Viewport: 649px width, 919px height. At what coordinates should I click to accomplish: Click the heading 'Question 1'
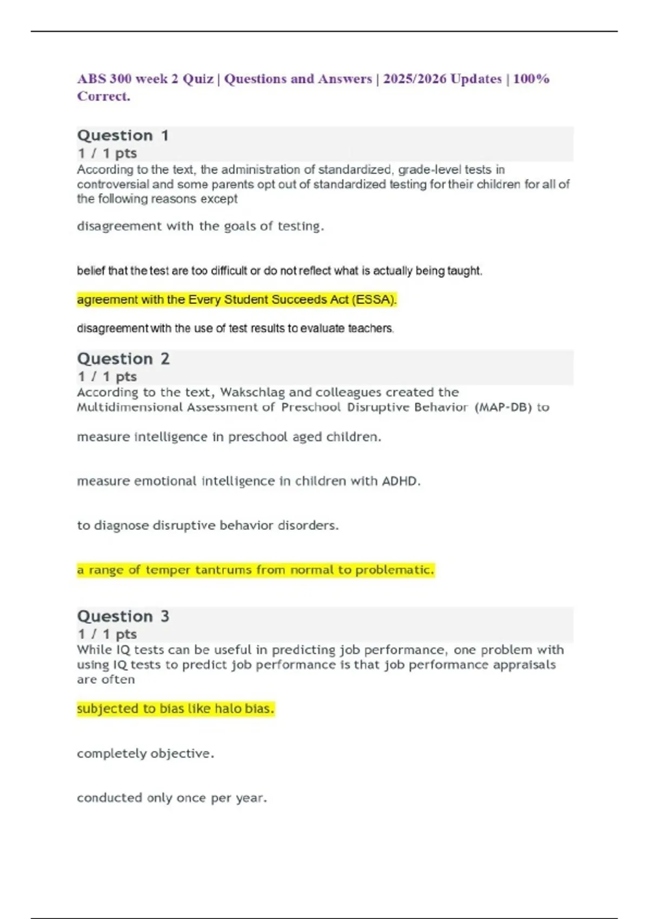[x=123, y=135]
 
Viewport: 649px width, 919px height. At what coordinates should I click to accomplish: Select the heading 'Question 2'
[x=123, y=358]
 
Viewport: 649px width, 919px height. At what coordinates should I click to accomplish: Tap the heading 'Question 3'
[x=123, y=616]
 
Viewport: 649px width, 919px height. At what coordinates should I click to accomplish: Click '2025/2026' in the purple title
[x=414, y=79]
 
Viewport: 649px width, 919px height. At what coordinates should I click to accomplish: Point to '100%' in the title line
[x=531, y=79]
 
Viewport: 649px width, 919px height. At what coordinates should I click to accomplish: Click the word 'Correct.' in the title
[x=103, y=96]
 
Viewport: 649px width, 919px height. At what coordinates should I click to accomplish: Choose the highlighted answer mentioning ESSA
[x=237, y=299]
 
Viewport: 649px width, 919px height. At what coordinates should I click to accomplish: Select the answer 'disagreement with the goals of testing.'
[x=200, y=226]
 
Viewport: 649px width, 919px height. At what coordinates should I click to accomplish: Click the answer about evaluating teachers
[x=235, y=328]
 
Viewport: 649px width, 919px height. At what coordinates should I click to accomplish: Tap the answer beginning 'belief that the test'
[x=279, y=270]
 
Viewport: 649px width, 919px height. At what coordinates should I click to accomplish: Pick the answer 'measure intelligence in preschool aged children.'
[x=229, y=437]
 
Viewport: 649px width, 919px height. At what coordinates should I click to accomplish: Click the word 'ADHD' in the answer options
[x=401, y=481]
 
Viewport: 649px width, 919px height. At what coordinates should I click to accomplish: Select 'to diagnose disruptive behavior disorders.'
[x=208, y=525]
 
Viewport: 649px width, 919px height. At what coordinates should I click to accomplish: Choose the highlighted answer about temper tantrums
[x=255, y=570]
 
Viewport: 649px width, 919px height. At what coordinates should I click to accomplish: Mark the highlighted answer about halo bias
[x=175, y=708]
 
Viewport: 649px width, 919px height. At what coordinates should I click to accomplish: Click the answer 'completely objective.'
[x=145, y=753]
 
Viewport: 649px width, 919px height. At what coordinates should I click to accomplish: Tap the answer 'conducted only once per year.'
[x=172, y=797]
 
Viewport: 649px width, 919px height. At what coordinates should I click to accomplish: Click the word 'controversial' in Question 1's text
[x=113, y=184]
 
